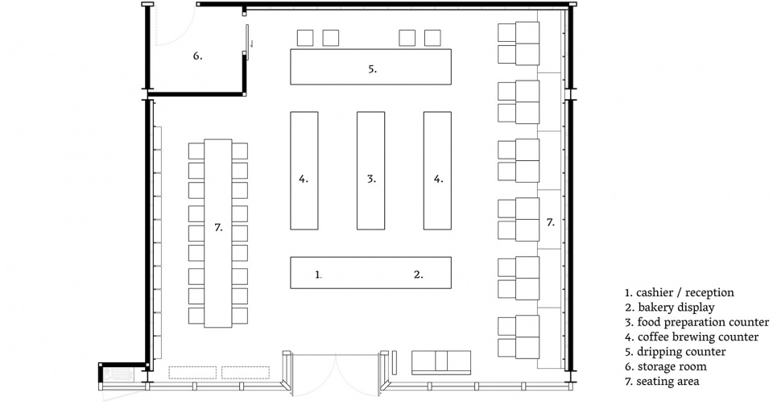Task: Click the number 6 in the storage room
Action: click(197, 56)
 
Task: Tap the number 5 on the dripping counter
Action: click(373, 69)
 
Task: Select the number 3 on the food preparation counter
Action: click(371, 179)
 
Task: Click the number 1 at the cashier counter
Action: click(318, 275)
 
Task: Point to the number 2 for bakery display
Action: click(418, 275)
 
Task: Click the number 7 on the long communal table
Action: click(218, 227)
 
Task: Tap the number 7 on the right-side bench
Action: click(550, 222)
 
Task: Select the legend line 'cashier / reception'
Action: click(680, 292)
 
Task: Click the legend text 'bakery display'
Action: click(669, 308)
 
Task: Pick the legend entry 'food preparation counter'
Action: click(697, 322)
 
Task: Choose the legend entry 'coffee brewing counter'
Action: click(692, 337)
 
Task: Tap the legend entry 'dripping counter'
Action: click(675, 352)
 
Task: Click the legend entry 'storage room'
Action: click(666, 366)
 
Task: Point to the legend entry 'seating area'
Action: click(662, 382)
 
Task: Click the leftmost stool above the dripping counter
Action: click(305, 38)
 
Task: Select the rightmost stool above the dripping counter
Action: click(432, 38)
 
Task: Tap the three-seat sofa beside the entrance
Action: click(441, 362)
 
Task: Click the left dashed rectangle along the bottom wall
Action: click(192, 373)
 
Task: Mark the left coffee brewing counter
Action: click(304, 171)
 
